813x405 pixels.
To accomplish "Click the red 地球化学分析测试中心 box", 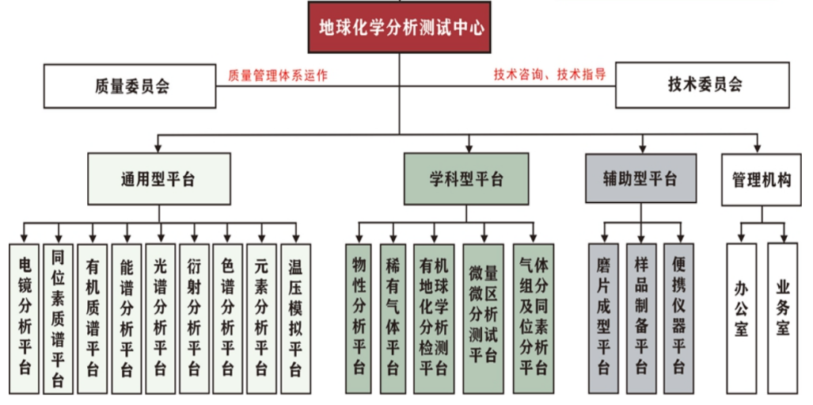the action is click(x=399, y=28).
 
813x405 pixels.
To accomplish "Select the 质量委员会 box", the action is click(x=130, y=86).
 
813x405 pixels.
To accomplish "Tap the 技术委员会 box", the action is click(x=702, y=85).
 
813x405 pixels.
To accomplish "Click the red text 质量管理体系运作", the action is click(x=278, y=75).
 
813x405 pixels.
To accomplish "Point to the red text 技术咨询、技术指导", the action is click(x=549, y=74).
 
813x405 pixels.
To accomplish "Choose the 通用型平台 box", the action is click(x=158, y=178).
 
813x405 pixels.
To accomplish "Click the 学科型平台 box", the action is click(x=466, y=178).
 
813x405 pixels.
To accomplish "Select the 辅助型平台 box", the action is click(x=640, y=178).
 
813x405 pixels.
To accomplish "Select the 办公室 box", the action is click(x=741, y=319).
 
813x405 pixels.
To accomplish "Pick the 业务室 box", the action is click(x=782, y=319).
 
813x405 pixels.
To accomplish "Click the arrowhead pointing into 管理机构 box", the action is click(x=758, y=149).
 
